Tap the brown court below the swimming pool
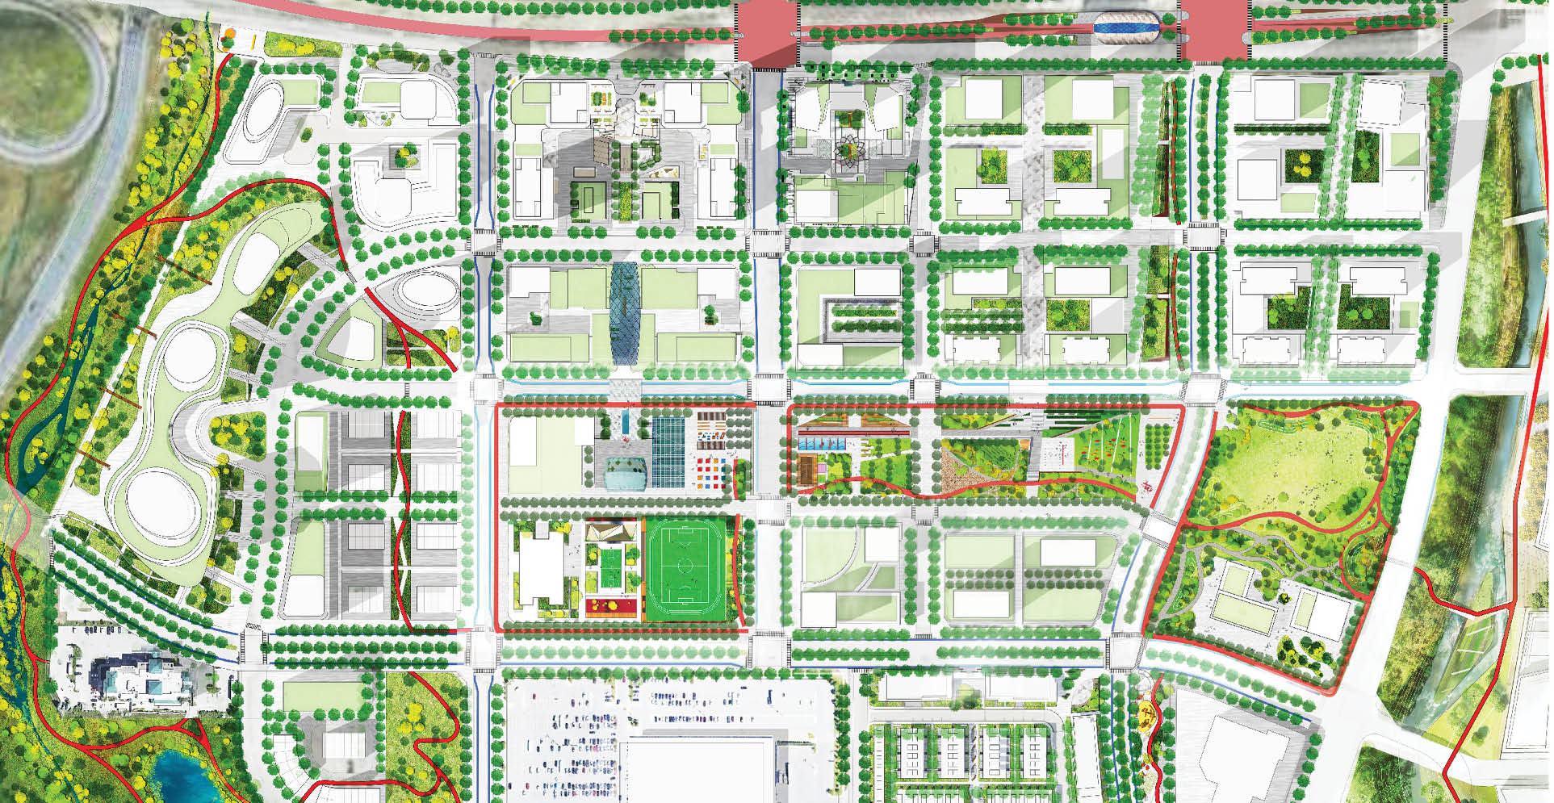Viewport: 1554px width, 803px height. click(x=806, y=471)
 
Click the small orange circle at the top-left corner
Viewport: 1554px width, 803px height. click(x=229, y=35)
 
